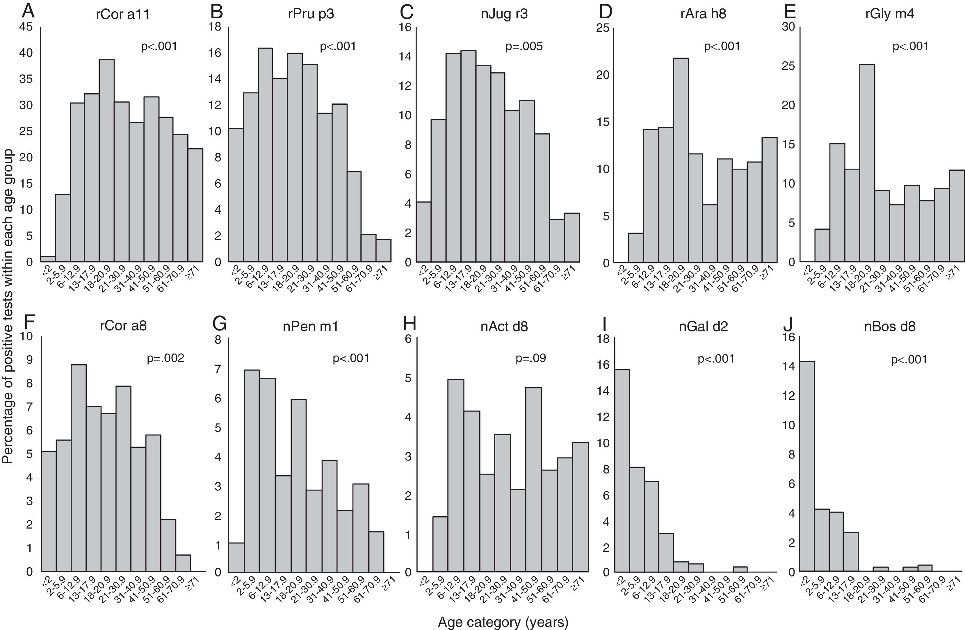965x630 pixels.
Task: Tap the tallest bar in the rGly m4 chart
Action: (x=867, y=162)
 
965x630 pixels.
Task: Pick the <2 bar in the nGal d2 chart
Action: (x=622, y=470)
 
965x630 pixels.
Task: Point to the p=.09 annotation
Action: (x=530, y=358)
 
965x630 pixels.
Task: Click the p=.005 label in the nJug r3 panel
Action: (x=524, y=46)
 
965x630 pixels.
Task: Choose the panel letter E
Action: (x=789, y=12)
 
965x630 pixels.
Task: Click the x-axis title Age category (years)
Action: (x=503, y=622)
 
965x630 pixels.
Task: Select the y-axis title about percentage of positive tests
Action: (x=8, y=306)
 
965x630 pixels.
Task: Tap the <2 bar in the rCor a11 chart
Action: (x=48, y=259)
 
